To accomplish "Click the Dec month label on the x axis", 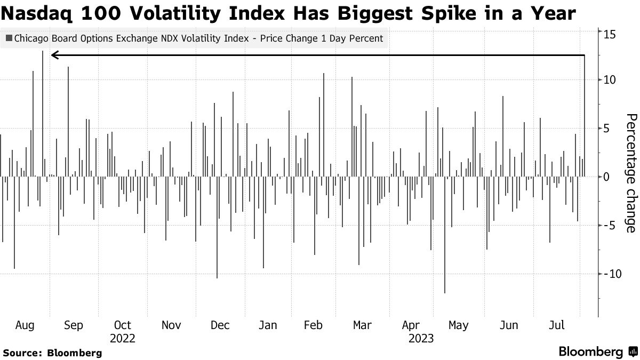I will click(220, 325).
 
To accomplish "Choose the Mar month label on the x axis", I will click(362, 325).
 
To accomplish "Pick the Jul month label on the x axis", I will click(557, 325).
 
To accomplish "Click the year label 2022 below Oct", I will click(122, 338).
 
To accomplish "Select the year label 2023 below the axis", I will click(421, 338).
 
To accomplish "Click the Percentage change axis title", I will click(631, 173).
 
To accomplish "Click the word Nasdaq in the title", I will click(38, 13).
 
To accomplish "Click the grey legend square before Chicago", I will click(9, 38).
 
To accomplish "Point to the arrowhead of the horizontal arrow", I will click(53, 55).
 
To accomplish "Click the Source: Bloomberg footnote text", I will click(52, 353).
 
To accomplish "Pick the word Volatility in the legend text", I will click(193, 38).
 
